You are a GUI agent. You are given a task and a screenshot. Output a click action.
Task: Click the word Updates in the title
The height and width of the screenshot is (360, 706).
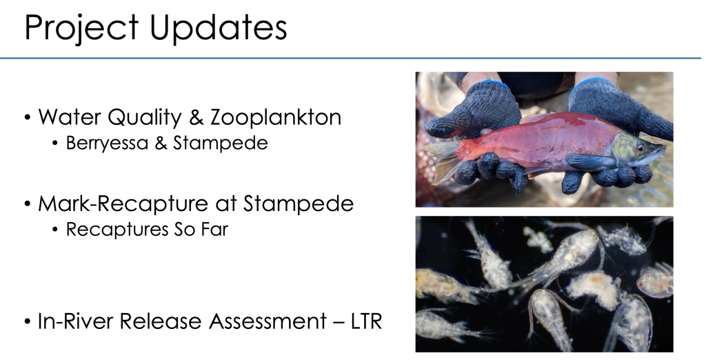(x=218, y=29)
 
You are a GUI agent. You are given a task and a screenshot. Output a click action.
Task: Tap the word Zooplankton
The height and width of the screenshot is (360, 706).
(x=276, y=117)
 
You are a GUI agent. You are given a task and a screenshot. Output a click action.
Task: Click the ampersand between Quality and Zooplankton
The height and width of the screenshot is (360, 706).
(x=196, y=117)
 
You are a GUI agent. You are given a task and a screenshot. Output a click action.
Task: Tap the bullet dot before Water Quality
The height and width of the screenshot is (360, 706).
(x=28, y=118)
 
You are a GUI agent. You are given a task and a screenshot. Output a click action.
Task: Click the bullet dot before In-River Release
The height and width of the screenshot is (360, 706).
(x=28, y=321)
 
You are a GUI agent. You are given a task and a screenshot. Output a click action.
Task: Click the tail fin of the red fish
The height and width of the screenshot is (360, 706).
(x=441, y=160)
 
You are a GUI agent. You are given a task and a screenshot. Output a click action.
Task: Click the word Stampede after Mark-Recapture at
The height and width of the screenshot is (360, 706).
(x=299, y=203)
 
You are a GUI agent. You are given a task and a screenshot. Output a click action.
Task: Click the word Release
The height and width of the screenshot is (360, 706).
(x=161, y=321)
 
